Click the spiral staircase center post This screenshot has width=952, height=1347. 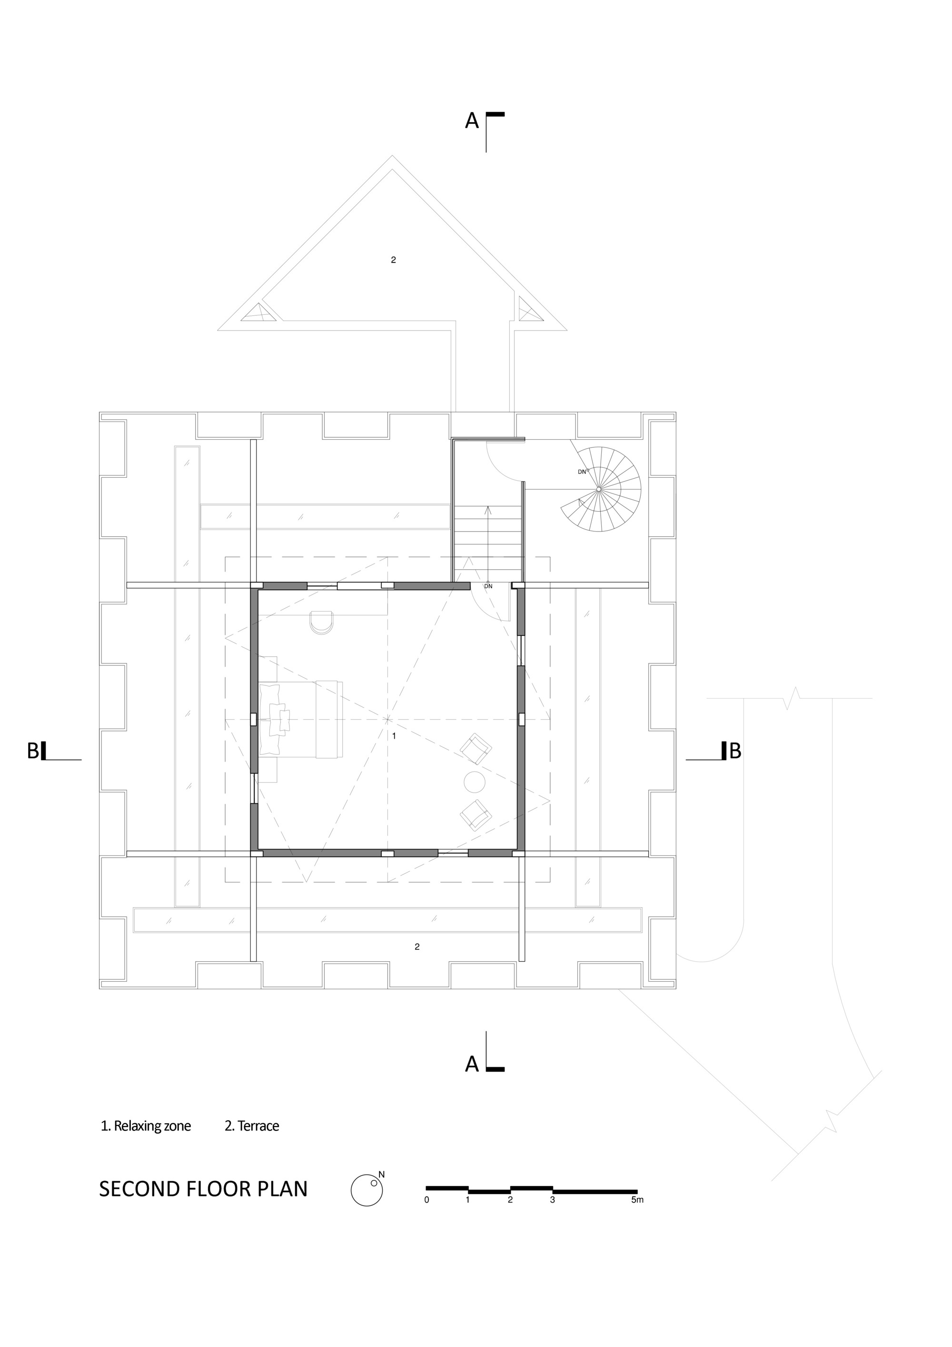pyautogui.click(x=598, y=489)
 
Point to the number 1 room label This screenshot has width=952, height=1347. pyautogui.click(x=394, y=736)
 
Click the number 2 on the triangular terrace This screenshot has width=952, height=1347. pyautogui.click(x=393, y=260)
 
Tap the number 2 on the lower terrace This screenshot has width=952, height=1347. pyautogui.click(x=417, y=946)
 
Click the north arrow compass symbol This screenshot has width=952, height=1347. pyautogui.click(x=367, y=1190)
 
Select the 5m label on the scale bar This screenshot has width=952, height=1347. pyautogui.click(x=637, y=1200)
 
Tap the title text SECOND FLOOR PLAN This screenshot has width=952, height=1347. pyautogui.click(x=203, y=1188)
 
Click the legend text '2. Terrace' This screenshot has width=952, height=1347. pyautogui.click(x=252, y=1126)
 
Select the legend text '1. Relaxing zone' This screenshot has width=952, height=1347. pyautogui.click(x=146, y=1126)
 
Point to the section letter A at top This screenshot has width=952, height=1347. pyautogui.click(x=472, y=121)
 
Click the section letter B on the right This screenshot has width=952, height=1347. pyautogui.click(x=734, y=751)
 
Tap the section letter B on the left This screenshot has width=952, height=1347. pyautogui.click(x=33, y=751)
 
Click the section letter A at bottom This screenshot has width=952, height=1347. pyautogui.click(x=472, y=1064)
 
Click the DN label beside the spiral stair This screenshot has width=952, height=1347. pyautogui.click(x=582, y=472)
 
